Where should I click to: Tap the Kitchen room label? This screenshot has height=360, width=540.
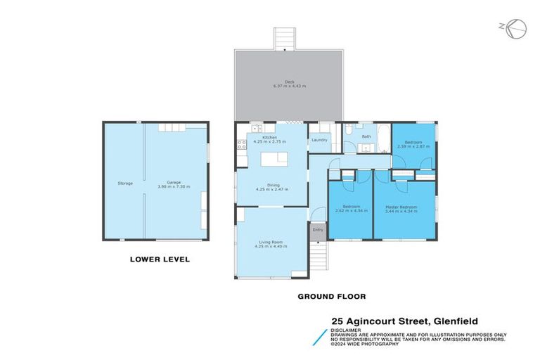270,137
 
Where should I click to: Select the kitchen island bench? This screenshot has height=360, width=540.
276,160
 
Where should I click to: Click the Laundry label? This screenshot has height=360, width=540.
319,140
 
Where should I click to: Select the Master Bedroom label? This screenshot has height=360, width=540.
401,207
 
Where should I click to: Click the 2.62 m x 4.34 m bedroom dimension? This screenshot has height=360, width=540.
349,211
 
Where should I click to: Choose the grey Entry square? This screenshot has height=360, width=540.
318,231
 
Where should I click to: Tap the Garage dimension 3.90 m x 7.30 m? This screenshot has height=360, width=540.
174,186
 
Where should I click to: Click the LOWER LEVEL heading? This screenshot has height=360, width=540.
160,259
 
